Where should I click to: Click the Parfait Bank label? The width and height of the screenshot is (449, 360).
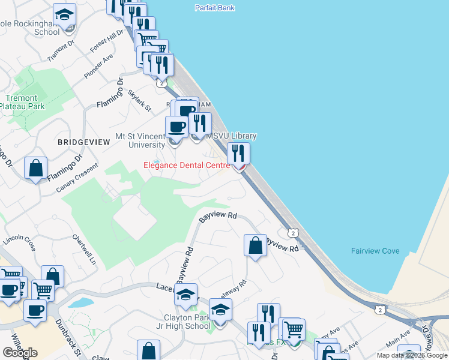pos(215,8)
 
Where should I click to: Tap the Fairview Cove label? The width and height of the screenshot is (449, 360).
pos(374,251)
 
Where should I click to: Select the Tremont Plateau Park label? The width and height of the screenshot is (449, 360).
pos(22,102)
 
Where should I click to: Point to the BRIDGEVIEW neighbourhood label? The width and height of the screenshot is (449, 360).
pos(84,142)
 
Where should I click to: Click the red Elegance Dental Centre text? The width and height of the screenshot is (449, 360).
pos(186,165)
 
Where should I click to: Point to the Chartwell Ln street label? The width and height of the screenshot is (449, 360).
pos(84,250)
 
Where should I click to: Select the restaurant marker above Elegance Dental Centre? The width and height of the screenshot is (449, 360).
pos(238,154)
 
